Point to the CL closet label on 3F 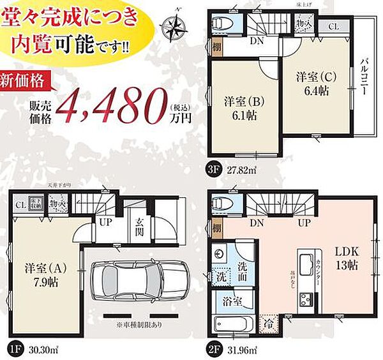(x=334, y=27)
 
